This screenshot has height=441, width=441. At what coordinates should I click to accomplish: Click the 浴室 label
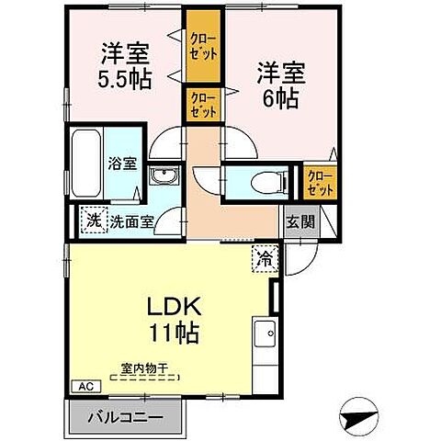coord(122,164)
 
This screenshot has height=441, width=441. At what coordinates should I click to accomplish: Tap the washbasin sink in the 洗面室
coord(165,176)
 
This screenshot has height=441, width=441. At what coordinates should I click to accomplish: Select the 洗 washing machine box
coord(94,220)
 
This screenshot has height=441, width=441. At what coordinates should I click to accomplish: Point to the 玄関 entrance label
coord(298,220)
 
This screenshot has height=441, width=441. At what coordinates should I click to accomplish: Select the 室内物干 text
coord(144,367)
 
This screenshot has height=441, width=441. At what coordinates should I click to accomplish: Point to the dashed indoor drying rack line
coord(146,377)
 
